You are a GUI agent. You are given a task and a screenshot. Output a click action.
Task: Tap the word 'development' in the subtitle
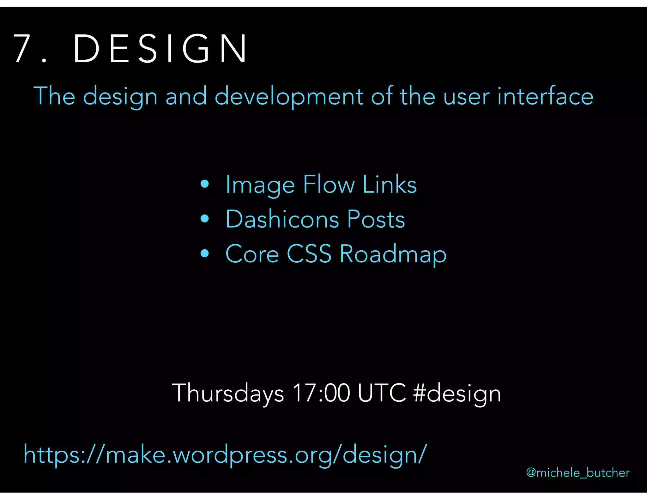coord(289,96)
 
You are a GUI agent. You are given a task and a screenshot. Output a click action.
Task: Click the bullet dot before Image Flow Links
coord(205,184)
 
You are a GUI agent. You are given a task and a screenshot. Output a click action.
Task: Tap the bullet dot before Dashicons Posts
coord(205,219)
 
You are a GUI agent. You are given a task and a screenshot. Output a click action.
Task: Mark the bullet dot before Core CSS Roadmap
coord(205,253)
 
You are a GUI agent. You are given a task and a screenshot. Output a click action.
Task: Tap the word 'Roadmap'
coord(393,255)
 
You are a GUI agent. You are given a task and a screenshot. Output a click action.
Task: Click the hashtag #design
coord(457,394)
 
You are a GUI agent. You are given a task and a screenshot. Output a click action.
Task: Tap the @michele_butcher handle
coord(578,473)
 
